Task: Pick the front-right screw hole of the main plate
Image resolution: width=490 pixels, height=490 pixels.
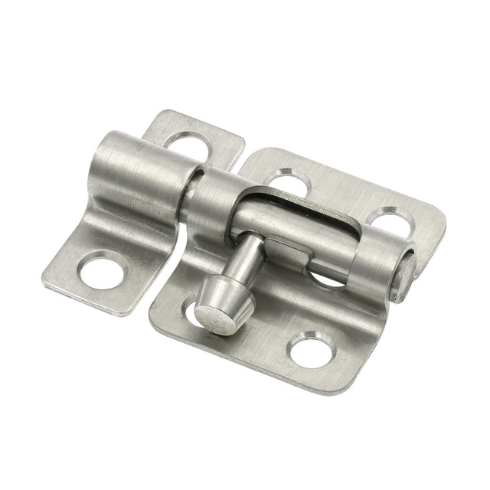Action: coord(313,348)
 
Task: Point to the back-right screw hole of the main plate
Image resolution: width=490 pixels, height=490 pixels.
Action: coord(390,221)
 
